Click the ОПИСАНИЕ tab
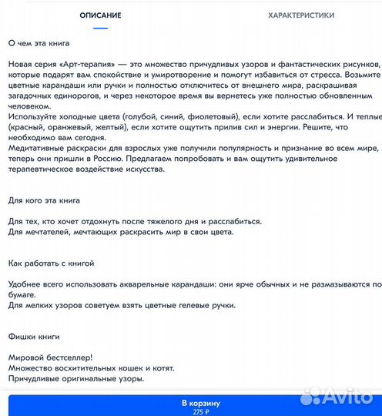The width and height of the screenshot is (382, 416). (x=100, y=15)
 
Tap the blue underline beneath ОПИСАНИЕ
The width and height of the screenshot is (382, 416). (x=100, y=29)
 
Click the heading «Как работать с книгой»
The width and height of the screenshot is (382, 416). (x=51, y=263)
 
